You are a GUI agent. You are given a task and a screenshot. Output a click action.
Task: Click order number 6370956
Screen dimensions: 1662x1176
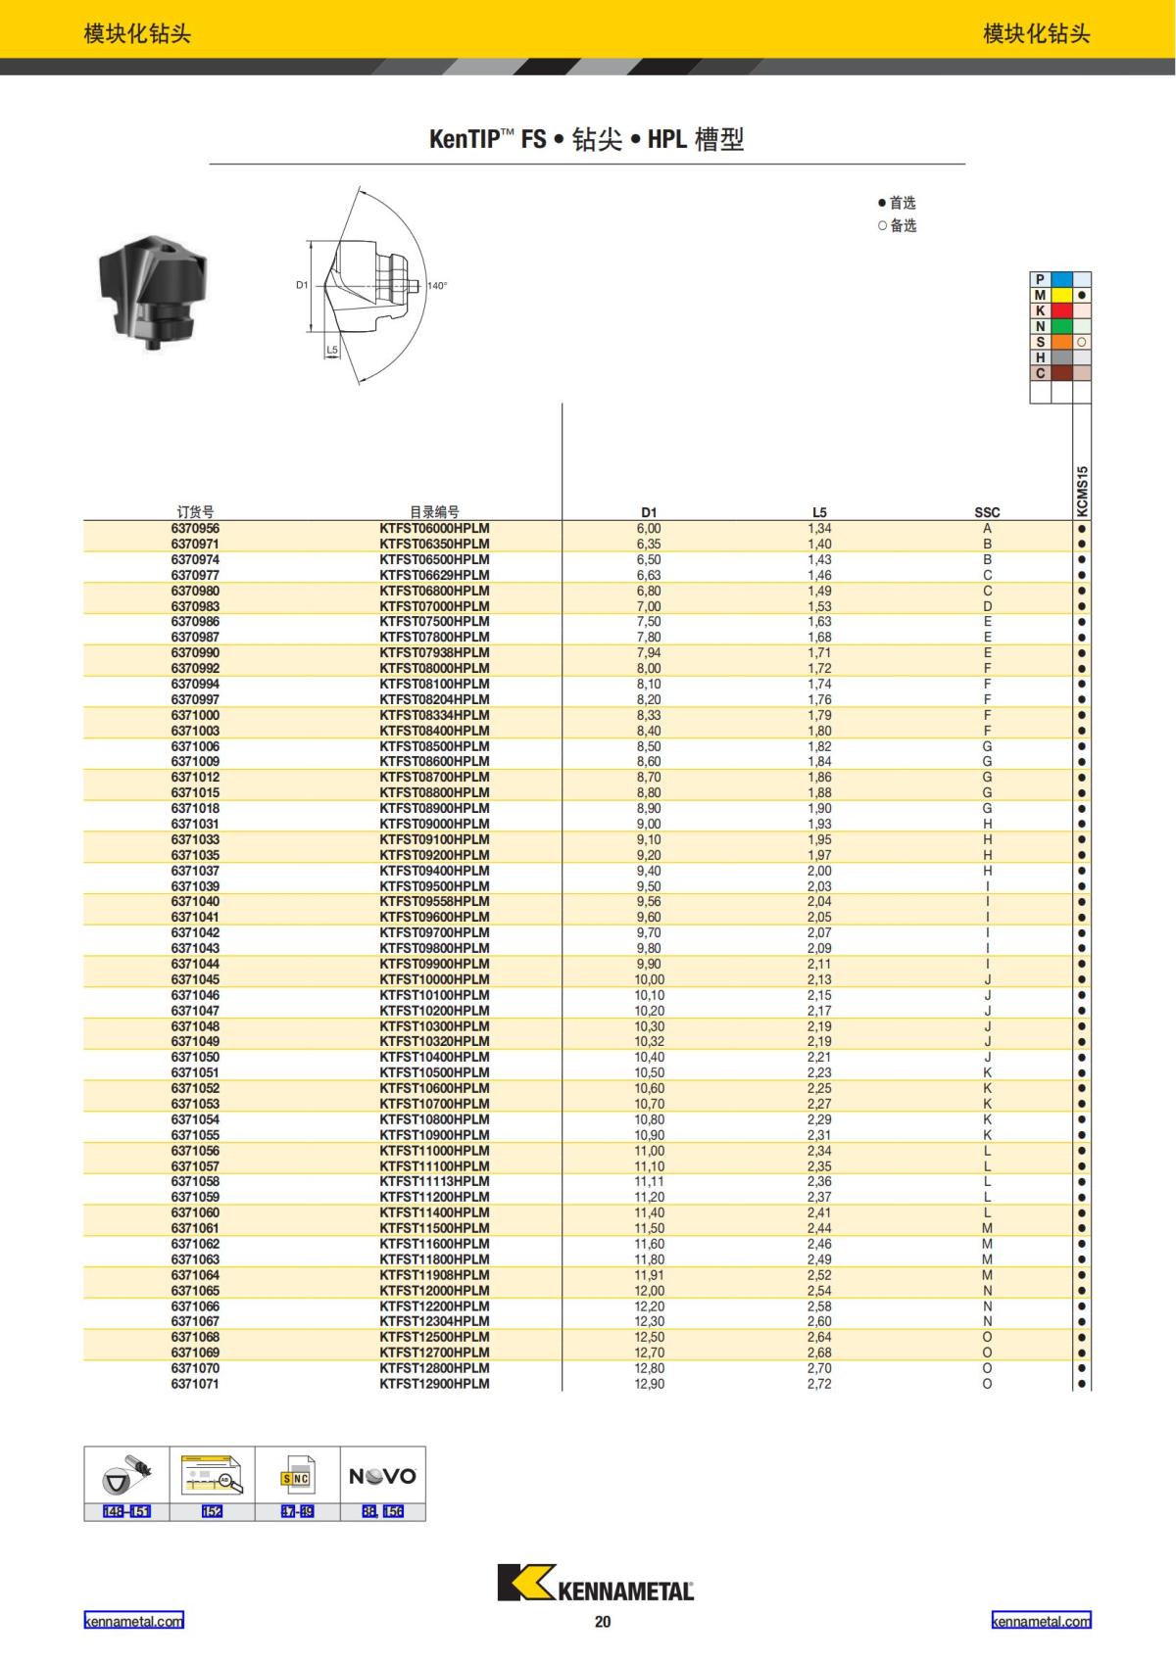coord(195,528)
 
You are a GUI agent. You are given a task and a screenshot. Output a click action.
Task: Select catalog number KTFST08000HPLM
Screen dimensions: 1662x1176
coord(434,668)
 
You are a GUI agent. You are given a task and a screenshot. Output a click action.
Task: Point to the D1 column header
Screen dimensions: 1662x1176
coord(649,512)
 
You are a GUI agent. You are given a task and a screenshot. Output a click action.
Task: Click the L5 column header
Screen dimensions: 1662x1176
coord(819,512)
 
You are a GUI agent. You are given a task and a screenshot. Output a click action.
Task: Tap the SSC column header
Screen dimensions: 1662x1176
coord(987,512)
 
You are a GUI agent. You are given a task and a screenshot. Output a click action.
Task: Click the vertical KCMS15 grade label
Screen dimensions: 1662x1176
coord(1082,491)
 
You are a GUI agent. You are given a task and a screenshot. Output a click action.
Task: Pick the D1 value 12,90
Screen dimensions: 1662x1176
coord(649,1384)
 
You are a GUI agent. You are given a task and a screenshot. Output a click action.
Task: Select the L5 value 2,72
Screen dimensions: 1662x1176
coord(819,1384)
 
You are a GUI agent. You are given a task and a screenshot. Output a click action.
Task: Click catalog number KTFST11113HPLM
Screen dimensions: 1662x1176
coord(434,1181)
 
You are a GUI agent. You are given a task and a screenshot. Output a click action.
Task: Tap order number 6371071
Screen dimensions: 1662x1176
coord(195,1384)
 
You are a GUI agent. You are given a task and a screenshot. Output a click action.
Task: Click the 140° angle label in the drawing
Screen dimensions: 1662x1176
coord(437,286)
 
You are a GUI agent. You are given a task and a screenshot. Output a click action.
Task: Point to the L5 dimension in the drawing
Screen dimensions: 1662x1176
coord(332,350)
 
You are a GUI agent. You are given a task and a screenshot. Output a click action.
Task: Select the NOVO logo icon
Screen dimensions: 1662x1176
coord(382,1476)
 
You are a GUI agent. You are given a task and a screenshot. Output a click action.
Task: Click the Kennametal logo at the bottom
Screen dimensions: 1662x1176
coord(595,1583)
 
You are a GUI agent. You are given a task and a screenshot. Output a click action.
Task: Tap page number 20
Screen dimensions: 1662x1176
coord(603,1622)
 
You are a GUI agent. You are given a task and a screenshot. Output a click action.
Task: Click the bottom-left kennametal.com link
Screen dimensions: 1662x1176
coord(133,1621)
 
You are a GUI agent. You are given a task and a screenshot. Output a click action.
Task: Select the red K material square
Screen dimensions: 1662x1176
coord(1061,310)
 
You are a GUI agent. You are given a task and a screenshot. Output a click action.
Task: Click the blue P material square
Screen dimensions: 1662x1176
coord(1061,279)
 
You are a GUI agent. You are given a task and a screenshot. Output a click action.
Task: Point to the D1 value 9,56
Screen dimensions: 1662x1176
coord(649,901)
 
